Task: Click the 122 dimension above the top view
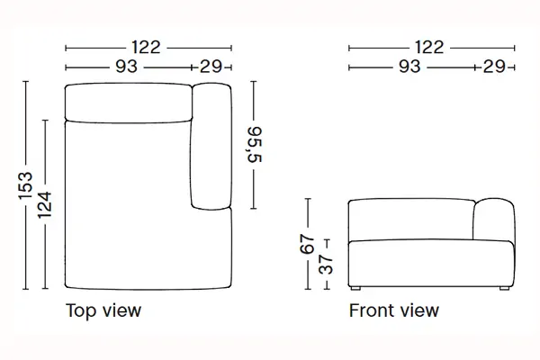click(146, 47)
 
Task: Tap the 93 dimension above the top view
click(126, 66)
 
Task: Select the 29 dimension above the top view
click(211, 66)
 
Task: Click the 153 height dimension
click(25, 185)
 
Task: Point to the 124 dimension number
click(45, 205)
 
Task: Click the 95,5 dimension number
click(255, 144)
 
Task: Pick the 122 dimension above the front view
click(429, 47)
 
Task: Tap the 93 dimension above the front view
click(409, 66)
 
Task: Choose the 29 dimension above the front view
click(494, 66)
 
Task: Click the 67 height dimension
click(307, 244)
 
